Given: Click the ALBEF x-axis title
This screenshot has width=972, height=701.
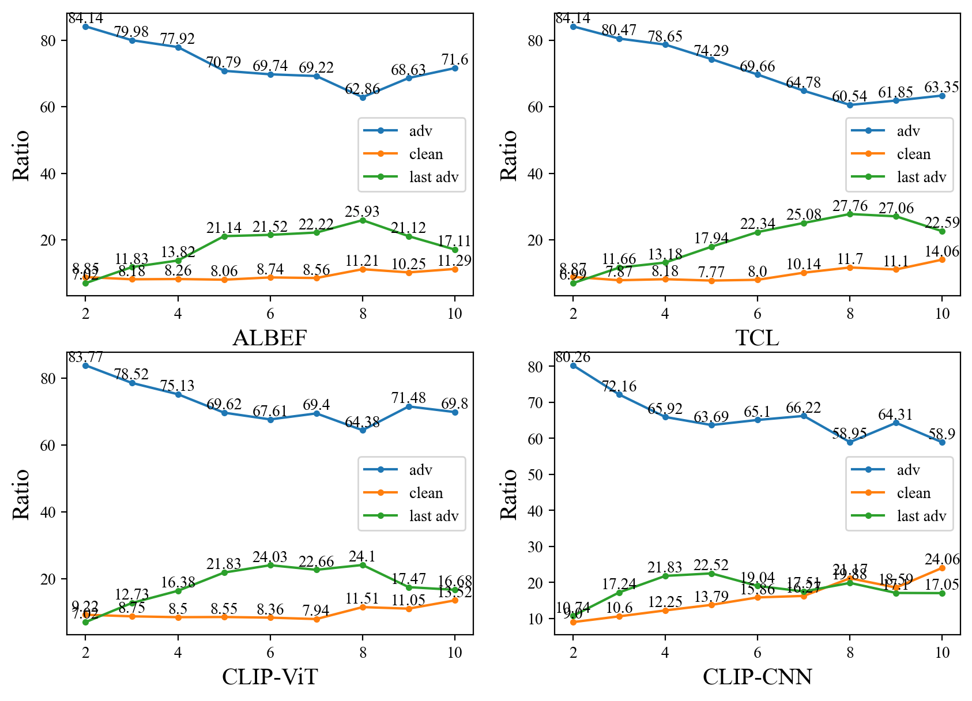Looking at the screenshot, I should click(x=269, y=338).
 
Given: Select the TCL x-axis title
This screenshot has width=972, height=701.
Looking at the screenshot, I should click(x=757, y=338).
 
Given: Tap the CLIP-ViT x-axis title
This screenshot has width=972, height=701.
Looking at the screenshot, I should click(x=269, y=677).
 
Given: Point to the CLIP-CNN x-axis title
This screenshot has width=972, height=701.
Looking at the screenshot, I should click(x=757, y=677).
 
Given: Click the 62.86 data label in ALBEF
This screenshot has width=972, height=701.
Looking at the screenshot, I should click(x=362, y=89).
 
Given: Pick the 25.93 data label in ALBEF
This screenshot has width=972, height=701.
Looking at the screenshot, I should click(x=362, y=212).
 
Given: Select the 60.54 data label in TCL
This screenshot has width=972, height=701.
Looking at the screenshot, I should click(x=849, y=96).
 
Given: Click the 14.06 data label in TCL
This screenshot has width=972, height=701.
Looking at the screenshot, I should click(x=942, y=251).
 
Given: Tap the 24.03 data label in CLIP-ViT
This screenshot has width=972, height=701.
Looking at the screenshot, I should click(x=270, y=557).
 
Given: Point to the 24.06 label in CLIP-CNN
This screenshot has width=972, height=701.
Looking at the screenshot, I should click(x=942, y=559).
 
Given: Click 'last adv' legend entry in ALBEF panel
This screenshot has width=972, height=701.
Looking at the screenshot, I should click(x=434, y=178).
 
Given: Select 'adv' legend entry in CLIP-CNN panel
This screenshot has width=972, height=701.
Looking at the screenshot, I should click(x=908, y=470).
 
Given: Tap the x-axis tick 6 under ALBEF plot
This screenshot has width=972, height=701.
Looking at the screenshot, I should click(x=270, y=314).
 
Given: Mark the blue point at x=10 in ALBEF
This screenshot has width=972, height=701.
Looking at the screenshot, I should click(x=455, y=68).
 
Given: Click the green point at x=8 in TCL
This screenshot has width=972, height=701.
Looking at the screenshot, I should click(x=850, y=214).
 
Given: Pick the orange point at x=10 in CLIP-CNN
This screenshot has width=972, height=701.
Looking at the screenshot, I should click(x=942, y=568).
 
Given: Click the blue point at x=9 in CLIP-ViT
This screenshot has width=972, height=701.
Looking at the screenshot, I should click(x=409, y=406).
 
